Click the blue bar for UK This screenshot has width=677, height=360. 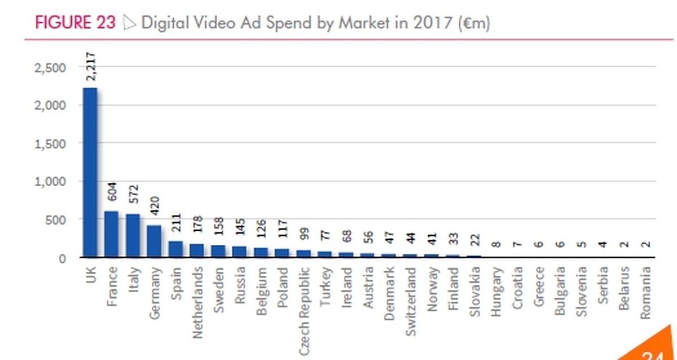pyautogui.click(x=90, y=172)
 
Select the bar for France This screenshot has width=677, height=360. pyautogui.click(x=111, y=234)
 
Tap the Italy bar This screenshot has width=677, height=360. pyautogui.click(x=133, y=235)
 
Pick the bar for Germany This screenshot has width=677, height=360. pyautogui.click(x=154, y=241)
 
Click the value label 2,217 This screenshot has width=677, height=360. pyautogui.click(x=91, y=67)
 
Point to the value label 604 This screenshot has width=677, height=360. pyautogui.click(x=112, y=192)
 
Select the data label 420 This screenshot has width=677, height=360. pyautogui.click(x=155, y=206)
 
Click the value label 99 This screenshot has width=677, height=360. pyautogui.click(x=304, y=234)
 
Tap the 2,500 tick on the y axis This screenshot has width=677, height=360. pyautogui.click(x=50, y=68)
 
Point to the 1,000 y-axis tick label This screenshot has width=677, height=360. pyautogui.click(x=50, y=182)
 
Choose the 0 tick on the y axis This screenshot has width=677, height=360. pyautogui.click(x=62, y=259)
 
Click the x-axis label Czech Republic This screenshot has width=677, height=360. pyautogui.click(x=304, y=311)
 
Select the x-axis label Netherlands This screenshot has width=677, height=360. pyautogui.click(x=197, y=302)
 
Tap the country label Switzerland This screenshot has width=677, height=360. pyautogui.click(x=411, y=301)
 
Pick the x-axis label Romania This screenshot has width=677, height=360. pyautogui.click(x=645, y=293)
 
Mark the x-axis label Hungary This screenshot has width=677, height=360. pyautogui.click(x=496, y=292)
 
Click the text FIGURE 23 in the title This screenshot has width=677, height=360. pyautogui.click(x=75, y=23)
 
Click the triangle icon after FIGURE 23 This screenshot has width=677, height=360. pyautogui.click(x=129, y=23)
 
